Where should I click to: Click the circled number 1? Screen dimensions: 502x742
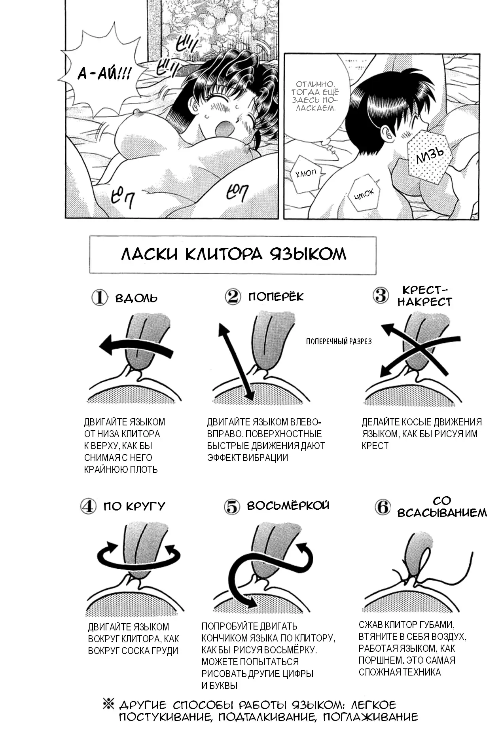(x=99, y=298)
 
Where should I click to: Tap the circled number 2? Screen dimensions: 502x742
(x=233, y=296)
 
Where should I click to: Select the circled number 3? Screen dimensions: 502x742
(x=381, y=295)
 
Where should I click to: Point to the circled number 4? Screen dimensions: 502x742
(x=88, y=506)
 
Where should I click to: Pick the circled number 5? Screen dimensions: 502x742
(x=232, y=507)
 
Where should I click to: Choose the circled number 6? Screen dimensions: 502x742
(x=383, y=507)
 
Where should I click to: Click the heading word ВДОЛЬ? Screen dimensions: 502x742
(x=136, y=298)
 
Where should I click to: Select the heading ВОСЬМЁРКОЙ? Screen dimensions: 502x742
(x=288, y=505)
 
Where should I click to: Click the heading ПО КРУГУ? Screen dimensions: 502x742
(x=134, y=506)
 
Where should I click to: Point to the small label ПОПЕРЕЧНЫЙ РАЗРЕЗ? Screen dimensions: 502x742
(x=339, y=342)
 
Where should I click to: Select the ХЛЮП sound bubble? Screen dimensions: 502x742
(x=306, y=173)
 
